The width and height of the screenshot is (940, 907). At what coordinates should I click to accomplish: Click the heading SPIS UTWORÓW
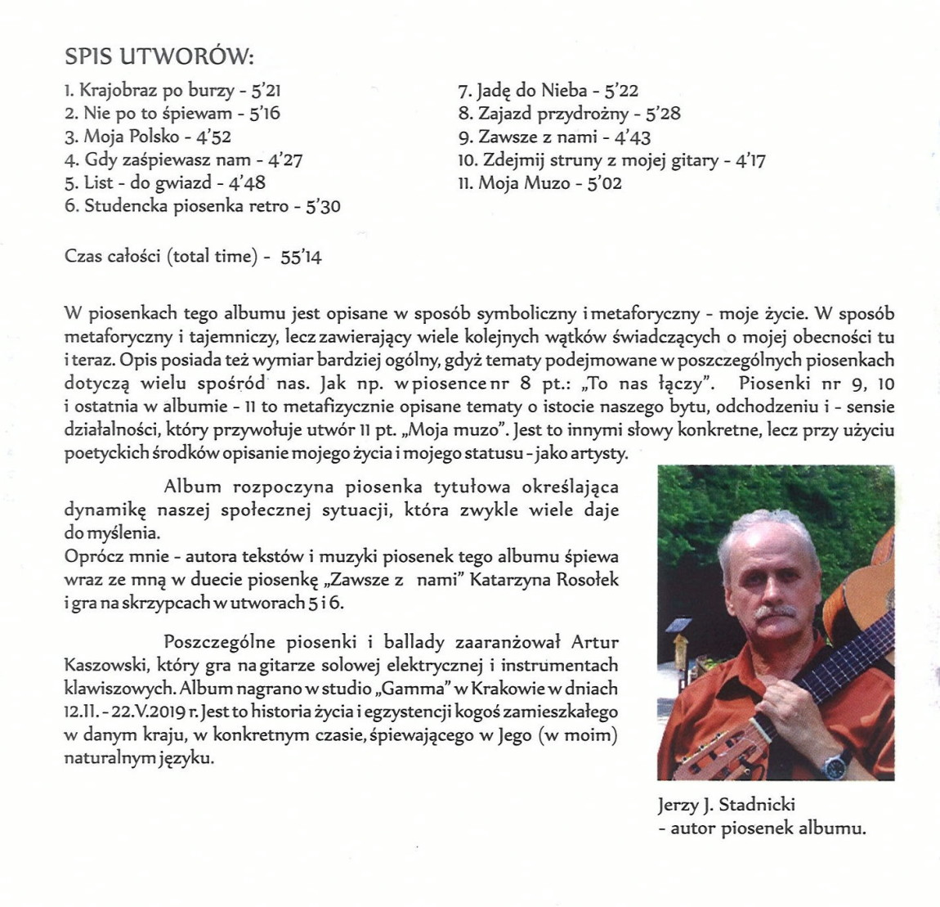pos(159,58)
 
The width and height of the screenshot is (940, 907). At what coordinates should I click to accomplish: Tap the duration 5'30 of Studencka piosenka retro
pos(323,207)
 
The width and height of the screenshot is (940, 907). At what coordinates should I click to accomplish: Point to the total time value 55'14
pos(301,257)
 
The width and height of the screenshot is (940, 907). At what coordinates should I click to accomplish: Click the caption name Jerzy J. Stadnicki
pos(726,805)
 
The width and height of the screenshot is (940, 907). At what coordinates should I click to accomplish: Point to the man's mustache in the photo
pos(772,612)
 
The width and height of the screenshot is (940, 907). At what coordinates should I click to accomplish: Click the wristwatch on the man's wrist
pos(835,766)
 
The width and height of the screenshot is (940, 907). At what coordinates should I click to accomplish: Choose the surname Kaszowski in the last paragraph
pos(104,666)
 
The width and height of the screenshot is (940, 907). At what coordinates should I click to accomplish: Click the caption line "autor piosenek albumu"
pos(767,828)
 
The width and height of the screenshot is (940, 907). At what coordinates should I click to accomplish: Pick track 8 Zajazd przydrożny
pos(569,114)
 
